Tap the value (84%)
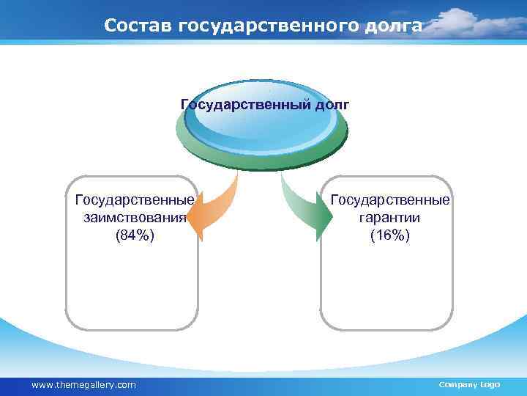coord(135,235)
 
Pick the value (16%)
coord(390,235)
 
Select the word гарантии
coord(390,218)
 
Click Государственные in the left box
coord(135,200)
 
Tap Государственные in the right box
coord(390,200)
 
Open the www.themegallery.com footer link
coord(84,384)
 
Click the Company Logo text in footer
coord(468,384)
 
